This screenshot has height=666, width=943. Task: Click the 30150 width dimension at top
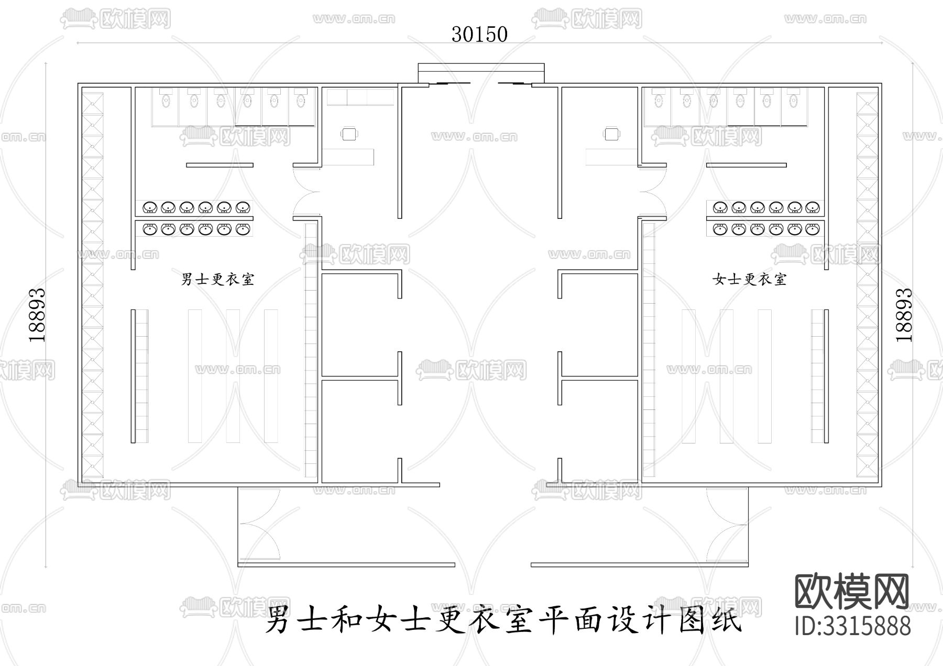pos(479,35)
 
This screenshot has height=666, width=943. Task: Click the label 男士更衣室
pos(217,279)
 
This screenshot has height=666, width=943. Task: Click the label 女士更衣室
pos(749,279)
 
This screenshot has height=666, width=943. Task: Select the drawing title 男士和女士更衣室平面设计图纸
pos(503,620)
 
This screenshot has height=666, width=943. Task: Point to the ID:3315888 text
pos(852,626)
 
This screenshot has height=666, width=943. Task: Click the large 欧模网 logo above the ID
pos(852,592)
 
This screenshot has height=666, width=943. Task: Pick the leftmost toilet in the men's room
pos(166,100)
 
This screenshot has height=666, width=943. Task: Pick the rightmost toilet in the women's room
pos(794,100)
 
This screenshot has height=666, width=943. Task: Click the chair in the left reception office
pos(350,134)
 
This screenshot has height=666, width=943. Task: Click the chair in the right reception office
pos(611,134)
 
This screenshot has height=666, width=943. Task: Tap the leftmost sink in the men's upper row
pos(150,208)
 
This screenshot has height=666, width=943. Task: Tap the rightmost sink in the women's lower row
pos(812,229)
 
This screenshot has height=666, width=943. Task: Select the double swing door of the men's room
pos(306,191)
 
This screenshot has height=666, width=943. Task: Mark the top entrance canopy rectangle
pos(481,73)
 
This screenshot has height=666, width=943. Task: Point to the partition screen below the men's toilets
pos(220,165)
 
